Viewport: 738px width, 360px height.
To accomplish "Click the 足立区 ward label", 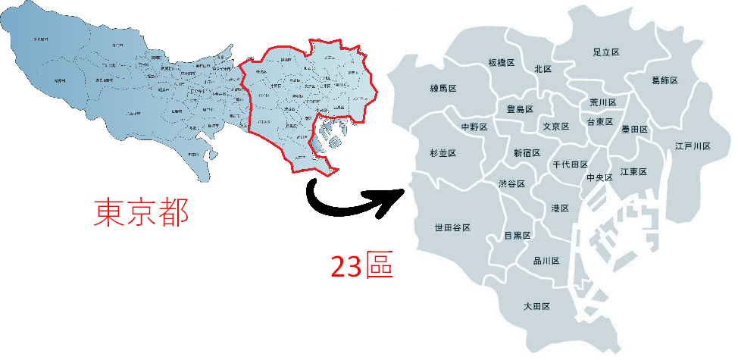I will pos(606,52).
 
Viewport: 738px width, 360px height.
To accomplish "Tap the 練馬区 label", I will pos(443,89).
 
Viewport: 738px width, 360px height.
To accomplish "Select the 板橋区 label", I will pos(502,63).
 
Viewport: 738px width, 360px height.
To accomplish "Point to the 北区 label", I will pos(543,69).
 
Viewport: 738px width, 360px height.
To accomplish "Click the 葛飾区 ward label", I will pos(665,80).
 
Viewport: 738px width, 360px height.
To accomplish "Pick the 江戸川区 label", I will pos(693,146).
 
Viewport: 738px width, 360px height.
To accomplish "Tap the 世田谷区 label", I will pos(452,227).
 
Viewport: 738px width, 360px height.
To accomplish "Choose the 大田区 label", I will pos(536,306).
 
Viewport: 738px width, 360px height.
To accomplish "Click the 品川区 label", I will pos(546,261).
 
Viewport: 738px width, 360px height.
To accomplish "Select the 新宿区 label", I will pos(527,152).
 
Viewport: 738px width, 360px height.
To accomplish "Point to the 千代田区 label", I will pos(570,164).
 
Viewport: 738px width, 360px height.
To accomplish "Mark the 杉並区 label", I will pos(442,153).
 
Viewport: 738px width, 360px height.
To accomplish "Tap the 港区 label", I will pos(560,208).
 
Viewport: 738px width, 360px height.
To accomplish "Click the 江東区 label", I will pos(633,172).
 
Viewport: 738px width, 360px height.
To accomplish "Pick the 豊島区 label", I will pos(520,109).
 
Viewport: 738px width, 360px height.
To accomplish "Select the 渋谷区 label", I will pos(511,184).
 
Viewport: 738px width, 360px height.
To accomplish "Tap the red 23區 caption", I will pos(362,266).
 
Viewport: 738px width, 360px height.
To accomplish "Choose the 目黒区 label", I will pos(518,236).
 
